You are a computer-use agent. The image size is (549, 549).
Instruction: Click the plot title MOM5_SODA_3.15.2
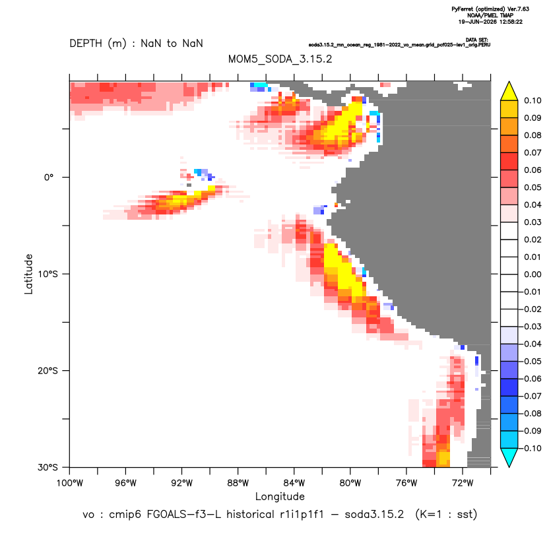pos(280,59)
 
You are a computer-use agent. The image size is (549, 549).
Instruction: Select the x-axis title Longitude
pos(280,496)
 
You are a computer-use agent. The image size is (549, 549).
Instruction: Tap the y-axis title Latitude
pos(28,274)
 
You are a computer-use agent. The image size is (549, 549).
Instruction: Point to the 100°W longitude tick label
pos(70,483)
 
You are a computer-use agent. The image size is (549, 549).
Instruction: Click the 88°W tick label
pos(238,483)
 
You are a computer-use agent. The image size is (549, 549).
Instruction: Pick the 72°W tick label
pos(463,483)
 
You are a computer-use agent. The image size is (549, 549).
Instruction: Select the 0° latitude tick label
pos(49,178)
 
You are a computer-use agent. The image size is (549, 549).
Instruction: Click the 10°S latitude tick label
pos(48,274)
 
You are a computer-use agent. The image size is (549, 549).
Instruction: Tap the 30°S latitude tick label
pos(48,467)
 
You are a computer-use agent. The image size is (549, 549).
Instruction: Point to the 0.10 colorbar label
pos(533,101)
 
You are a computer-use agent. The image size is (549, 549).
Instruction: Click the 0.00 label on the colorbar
pos(533,274)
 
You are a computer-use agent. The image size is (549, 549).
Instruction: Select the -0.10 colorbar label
pos(531,448)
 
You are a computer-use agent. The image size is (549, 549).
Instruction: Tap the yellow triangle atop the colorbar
pos(509,92)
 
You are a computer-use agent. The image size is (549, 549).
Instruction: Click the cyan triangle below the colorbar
pos(509,457)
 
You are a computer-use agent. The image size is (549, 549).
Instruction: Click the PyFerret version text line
pos(490,9)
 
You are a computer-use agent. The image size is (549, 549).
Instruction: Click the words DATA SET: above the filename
pos(477,40)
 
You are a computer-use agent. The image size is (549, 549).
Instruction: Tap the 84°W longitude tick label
pos(294,483)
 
